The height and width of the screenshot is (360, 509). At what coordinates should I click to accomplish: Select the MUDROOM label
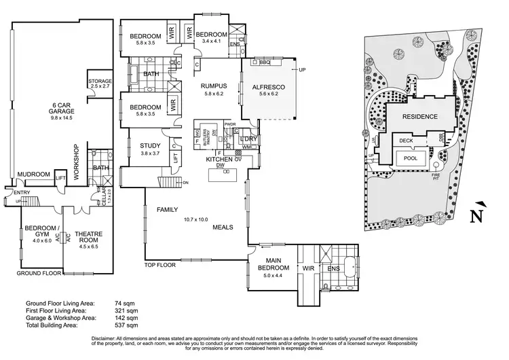[x=33, y=175]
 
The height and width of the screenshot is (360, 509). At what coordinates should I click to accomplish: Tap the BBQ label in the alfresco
[x=264, y=62]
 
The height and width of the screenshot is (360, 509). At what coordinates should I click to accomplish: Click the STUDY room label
[x=150, y=145]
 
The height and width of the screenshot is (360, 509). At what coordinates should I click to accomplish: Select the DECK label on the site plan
[x=406, y=141]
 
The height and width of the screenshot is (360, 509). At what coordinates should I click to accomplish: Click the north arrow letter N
[x=480, y=218]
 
